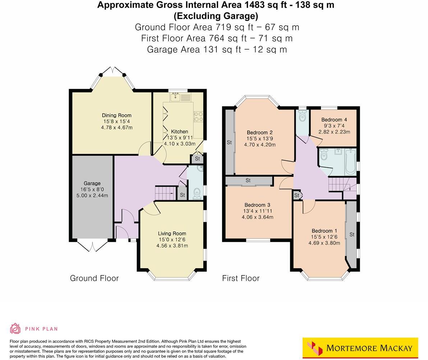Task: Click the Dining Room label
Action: tap(116, 115)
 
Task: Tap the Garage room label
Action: tap(92, 183)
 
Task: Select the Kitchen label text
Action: tap(179, 132)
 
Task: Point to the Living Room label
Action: tap(172, 233)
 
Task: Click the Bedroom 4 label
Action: tap(334, 120)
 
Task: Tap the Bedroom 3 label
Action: tap(257, 205)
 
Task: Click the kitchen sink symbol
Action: tap(176, 97)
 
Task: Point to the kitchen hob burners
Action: tap(198, 117)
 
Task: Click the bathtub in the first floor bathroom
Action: tap(350, 162)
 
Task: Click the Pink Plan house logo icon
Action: tap(15, 328)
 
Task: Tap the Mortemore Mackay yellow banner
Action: tap(360, 348)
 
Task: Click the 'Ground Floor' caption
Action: tap(94, 278)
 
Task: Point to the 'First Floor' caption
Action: tap(240, 278)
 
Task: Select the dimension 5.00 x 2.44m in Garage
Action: tap(92, 196)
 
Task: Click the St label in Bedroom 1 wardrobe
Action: tap(352, 234)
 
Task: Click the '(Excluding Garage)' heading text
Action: tap(216, 16)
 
